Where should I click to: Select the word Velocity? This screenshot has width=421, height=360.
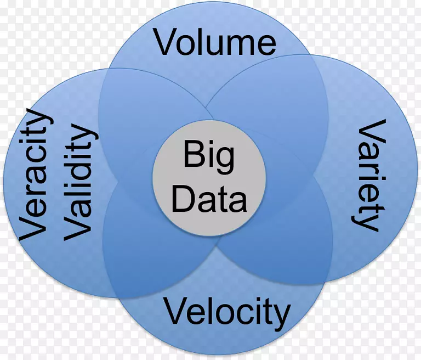227,312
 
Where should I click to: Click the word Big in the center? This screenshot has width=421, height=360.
209,156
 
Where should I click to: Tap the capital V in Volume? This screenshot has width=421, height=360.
166,42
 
